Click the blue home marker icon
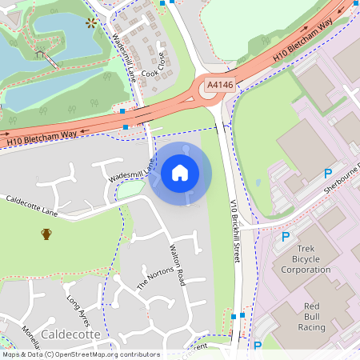pos(180,172)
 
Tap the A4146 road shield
pos(219,84)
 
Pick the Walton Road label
pos(177,266)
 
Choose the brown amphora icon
pos(46,234)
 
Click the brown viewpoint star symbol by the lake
pos(90,23)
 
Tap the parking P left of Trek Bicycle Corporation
pos(286,237)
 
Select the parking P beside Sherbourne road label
pos(327,174)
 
